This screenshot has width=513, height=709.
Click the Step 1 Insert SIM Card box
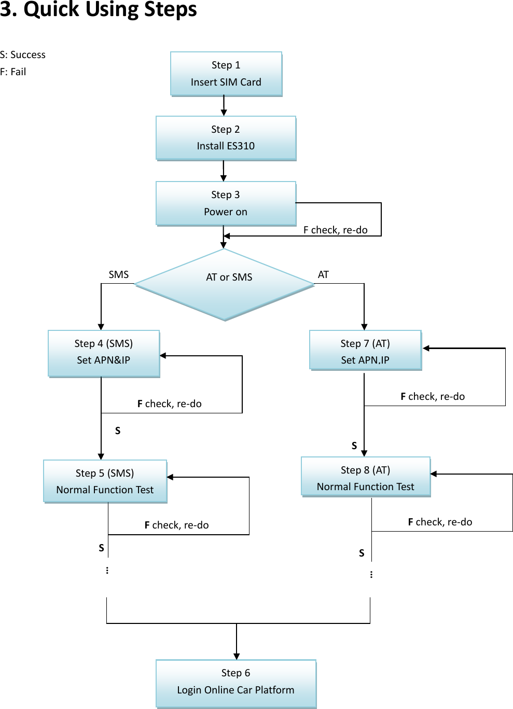click(x=226, y=74)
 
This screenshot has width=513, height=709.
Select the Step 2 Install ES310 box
click(x=226, y=138)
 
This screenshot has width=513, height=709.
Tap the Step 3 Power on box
click(x=226, y=203)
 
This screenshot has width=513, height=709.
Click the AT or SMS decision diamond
click(x=225, y=284)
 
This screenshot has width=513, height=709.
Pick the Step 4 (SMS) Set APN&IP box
click(x=104, y=353)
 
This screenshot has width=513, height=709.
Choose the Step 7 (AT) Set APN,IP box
click(x=365, y=351)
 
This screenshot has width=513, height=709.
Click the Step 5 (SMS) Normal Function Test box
click(x=105, y=481)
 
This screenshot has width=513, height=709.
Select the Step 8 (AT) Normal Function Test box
click(x=366, y=477)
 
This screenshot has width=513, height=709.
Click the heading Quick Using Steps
click(x=99, y=9)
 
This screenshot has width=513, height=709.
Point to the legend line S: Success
click(x=23, y=54)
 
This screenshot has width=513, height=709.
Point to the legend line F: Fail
click(x=13, y=72)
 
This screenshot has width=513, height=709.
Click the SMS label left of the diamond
click(x=118, y=274)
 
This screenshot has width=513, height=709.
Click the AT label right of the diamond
click(x=323, y=274)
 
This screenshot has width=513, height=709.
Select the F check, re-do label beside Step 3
click(x=335, y=230)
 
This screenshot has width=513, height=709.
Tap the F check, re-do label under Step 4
click(x=169, y=404)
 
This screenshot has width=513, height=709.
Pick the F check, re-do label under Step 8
click(x=440, y=522)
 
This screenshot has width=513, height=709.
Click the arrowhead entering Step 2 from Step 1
click(x=224, y=113)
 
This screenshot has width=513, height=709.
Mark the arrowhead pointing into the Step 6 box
click(x=237, y=656)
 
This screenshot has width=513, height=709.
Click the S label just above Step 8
click(x=354, y=446)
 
